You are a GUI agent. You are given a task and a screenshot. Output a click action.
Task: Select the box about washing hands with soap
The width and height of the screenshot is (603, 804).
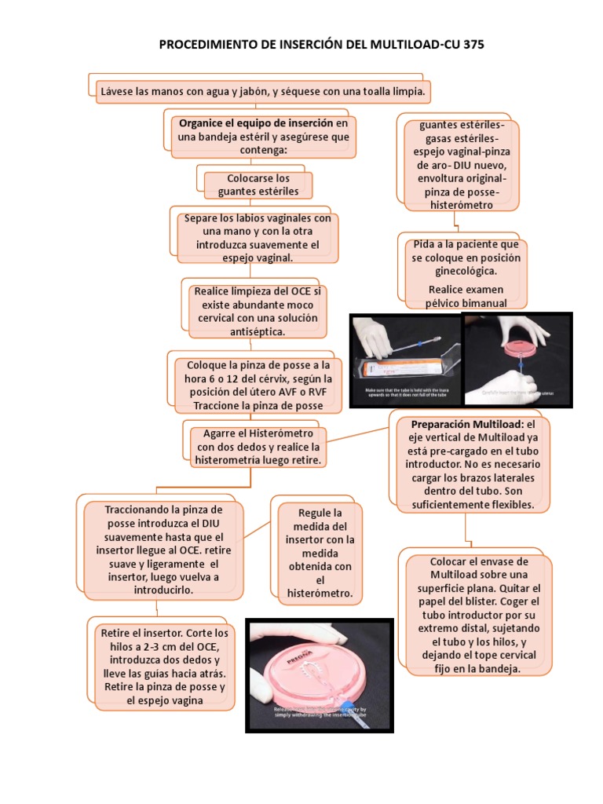click(263, 92)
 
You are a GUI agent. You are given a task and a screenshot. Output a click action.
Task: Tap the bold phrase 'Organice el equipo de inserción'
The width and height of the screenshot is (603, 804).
click(256, 123)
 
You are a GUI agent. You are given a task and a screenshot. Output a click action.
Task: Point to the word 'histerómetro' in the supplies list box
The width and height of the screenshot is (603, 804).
click(462, 205)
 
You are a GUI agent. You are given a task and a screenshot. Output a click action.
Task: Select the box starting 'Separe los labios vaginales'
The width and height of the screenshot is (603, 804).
click(258, 238)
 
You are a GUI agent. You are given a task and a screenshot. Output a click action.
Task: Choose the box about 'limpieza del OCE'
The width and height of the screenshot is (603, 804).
click(258, 311)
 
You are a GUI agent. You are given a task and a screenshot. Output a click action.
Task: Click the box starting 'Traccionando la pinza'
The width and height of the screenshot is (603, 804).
click(161, 550)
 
